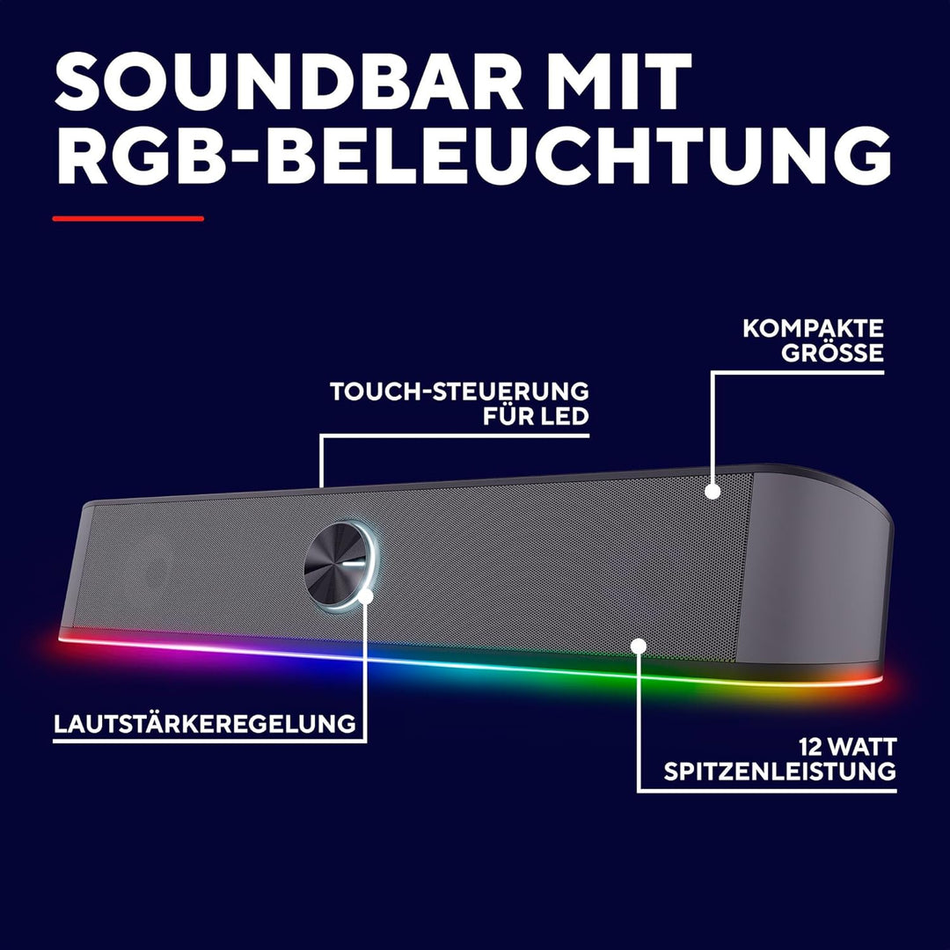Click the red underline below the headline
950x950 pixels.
[128, 219]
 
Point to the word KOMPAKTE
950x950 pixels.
[813, 328]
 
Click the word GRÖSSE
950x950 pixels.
[832, 353]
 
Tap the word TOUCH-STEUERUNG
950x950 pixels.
[459, 391]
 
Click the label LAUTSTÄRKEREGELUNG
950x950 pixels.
[205, 723]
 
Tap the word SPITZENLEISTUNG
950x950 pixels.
[779, 772]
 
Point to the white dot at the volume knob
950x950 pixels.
[365, 596]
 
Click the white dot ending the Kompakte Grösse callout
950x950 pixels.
[712, 492]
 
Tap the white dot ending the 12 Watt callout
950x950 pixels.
[638, 646]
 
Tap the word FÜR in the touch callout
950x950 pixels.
[508, 415]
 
